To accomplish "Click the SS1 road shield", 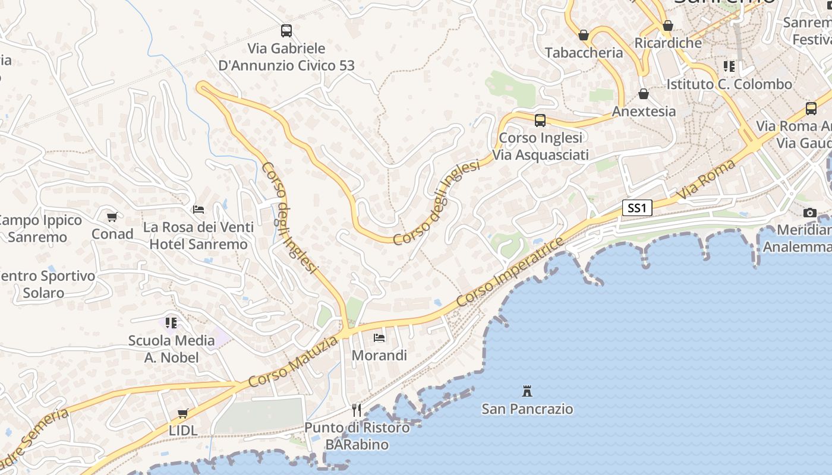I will pyautogui.click(x=637, y=208).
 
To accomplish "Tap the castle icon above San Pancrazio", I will pyautogui.click(x=527, y=391).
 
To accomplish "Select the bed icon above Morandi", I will pyautogui.click(x=379, y=338).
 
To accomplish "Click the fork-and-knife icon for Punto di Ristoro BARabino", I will pyautogui.click(x=357, y=410).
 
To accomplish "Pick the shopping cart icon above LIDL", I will pyautogui.click(x=183, y=413).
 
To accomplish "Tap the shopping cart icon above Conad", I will pyautogui.click(x=112, y=217).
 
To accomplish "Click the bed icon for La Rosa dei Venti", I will pyautogui.click(x=198, y=210).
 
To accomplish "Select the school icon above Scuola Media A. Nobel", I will pyautogui.click(x=171, y=323).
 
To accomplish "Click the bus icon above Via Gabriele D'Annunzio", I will pyautogui.click(x=286, y=30).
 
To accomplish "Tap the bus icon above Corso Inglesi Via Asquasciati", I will pyautogui.click(x=540, y=121).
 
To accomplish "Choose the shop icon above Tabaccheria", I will pyautogui.click(x=584, y=35).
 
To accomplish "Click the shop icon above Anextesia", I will pyautogui.click(x=644, y=94).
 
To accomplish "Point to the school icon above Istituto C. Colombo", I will pyautogui.click(x=729, y=66).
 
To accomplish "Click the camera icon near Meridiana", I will pyautogui.click(x=809, y=213).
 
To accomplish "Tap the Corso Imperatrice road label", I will pyautogui.click(x=510, y=273).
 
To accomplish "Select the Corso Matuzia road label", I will pyautogui.click(x=293, y=361).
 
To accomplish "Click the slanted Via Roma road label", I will pyautogui.click(x=706, y=179).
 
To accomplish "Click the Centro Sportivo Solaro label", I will pyautogui.click(x=45, y=284).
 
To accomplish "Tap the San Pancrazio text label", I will pyautogui.click(x=527, y=409).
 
